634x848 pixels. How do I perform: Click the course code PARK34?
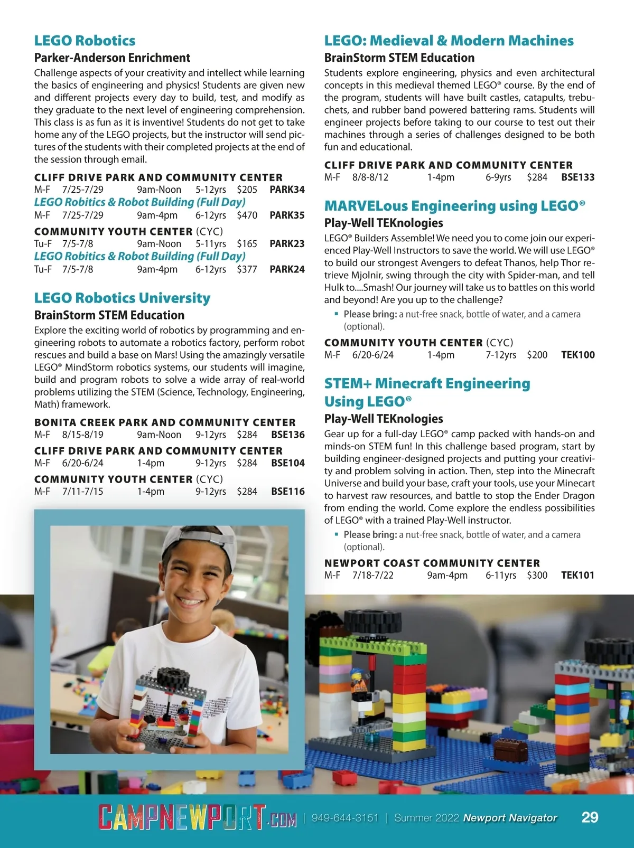(x=287, y=190)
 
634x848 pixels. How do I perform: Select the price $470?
(x=247, y=215)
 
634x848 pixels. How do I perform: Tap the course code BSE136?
(x=287, y=435)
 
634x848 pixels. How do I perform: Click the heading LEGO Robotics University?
(x=122, y=298)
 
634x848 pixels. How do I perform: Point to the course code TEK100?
(x=577, y=355)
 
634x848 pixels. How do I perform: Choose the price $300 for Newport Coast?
(x=537, y=576)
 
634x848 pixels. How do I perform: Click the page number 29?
(x=590, y=817)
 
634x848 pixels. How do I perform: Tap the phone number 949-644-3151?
(x=345, y=818)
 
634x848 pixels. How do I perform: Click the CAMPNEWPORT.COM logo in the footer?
(x=197, y=818)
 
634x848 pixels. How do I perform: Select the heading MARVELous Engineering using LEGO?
(x=454, y=206)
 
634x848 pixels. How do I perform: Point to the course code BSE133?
(x=577, y=177)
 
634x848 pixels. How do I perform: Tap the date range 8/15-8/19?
(x=83, y=435)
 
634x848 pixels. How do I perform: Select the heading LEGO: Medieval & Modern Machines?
(x=449, y=41)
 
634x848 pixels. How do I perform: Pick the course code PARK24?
(x=287, y=269)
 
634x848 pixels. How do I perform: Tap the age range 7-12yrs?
(x=501, y=355)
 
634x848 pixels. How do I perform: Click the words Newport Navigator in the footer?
(x=510, y=818)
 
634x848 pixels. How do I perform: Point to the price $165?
(x=247, y=244)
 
